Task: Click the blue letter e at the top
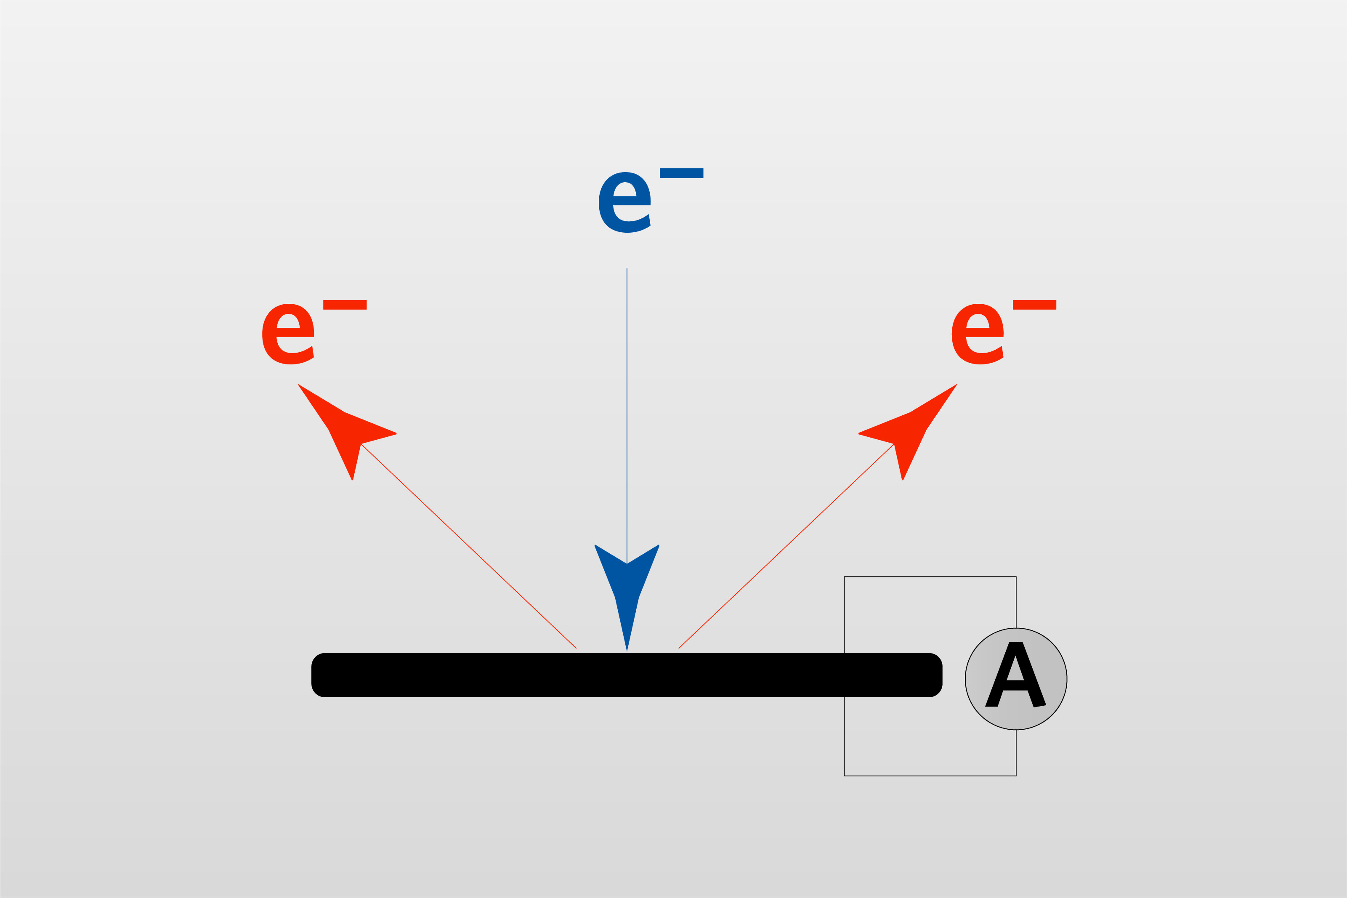tap(624, 203)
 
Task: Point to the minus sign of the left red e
tap(344, 305)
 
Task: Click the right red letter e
tap(977, 335)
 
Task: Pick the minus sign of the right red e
tap(1034, 305)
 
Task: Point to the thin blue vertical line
tap(627, 401)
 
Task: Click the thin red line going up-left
tap(470, 547)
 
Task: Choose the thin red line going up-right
tap(785, 547)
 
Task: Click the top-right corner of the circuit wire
tap(1016, 577)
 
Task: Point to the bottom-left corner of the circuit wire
tap(844, 776)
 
